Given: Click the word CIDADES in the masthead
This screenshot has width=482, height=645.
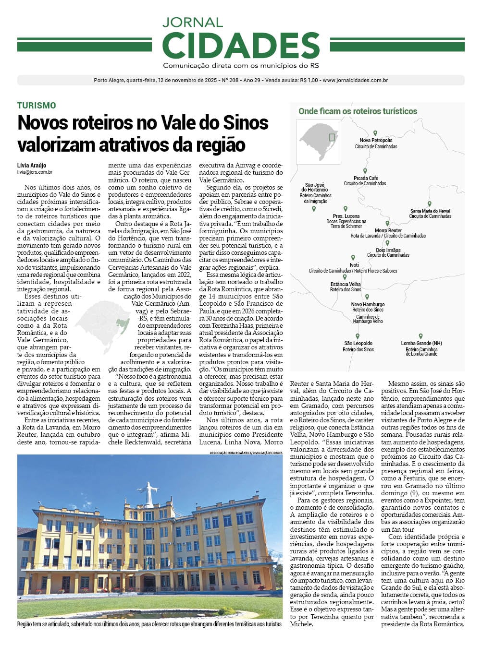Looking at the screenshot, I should pyautogui.click(x=241, y=46).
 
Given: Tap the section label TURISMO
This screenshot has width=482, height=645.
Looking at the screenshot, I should pyautogui.click(x=37, y=106).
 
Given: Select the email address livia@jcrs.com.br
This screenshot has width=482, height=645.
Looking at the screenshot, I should pyautogui.click(x=35, y=172).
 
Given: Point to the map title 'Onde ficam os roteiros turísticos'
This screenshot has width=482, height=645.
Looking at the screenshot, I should pyautogui.click(x=358, y=111).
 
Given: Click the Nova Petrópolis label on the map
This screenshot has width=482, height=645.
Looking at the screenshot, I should pyautogui.click(x=376, y=141).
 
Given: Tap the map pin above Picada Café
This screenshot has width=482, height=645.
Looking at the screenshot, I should pyautogui.click(x=365, y=171).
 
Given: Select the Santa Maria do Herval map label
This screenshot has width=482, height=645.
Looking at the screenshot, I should pyautogui.click(x=430, y=211).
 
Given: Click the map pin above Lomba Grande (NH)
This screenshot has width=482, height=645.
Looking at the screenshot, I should pyautogui.click(x=420, y=336).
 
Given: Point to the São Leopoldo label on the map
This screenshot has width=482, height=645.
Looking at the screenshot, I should pyautogui.click(x=358, y=344).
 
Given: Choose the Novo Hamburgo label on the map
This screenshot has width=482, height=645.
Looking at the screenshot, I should pyautogui.click(x=368, y=305).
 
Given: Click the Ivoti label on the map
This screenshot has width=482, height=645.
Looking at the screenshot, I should pyautogui.click(x=354, y=265).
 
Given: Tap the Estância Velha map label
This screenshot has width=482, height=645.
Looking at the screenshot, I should pyautogui.click(x=346, y=285).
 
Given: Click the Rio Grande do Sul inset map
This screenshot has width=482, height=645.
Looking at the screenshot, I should pyautogui.click(x=318, y=142).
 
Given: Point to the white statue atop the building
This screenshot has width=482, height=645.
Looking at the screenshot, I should pyautogui.click(x=151, y=493).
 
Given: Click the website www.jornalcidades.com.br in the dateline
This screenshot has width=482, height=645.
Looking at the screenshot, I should pyautogui.click(x=355, y=81).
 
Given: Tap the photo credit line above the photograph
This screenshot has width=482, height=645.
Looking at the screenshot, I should pyautogui.click(x=246, y=453).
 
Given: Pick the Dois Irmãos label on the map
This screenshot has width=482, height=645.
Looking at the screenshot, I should pyautogui.click(x=388, y=250).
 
